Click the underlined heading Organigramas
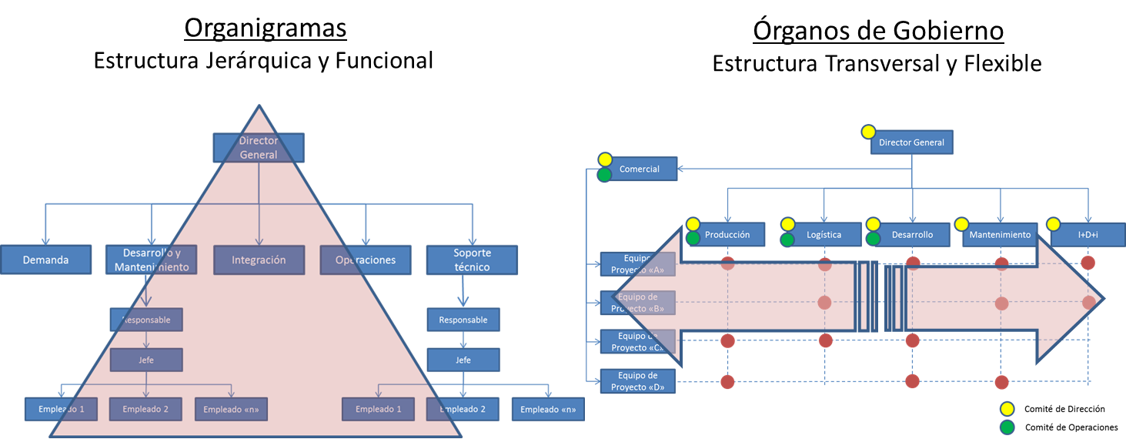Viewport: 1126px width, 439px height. (x=265, y=28)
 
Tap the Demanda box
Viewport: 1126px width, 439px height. (x=46, y=260)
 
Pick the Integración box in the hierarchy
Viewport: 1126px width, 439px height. (x=259, y=260)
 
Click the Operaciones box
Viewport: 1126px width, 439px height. (x=366, y=260)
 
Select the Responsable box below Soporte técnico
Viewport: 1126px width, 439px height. (x=463, y=320)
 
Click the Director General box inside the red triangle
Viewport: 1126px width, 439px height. (x=259, y=148)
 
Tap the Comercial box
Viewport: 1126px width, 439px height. (x=639, y=169)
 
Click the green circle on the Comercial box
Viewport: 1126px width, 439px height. (x=605, y=176)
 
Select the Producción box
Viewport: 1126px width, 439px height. (x=727, y=235)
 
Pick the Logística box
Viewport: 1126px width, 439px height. (x=824, y=235)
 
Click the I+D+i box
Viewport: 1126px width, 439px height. (x=1087, y=235)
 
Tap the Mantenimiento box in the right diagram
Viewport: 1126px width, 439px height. (x=1000, y=235)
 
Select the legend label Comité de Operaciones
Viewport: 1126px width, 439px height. (x=1070, y=427)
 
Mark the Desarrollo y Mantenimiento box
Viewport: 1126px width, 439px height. (x=152, y=260)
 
